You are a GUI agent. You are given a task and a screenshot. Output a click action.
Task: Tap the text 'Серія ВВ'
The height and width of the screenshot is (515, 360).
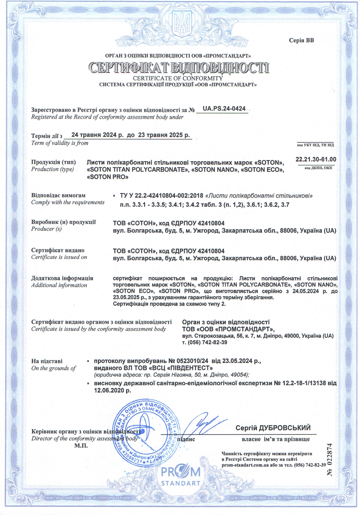click(301, 40)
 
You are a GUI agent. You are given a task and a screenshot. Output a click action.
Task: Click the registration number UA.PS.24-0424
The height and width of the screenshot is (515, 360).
click(224, 109)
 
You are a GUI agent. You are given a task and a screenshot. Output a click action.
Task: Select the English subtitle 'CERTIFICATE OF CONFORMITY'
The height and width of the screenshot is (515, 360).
click(178, 78)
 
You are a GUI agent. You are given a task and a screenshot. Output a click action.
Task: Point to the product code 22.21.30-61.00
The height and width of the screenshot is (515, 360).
click(316, 160)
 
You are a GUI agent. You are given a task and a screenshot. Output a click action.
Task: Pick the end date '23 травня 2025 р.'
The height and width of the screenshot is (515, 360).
click(164, 135)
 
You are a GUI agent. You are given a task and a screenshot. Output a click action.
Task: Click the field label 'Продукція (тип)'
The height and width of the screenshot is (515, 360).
click(54, 162)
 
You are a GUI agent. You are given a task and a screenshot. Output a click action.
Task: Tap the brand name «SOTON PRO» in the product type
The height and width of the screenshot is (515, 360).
click(108, 177)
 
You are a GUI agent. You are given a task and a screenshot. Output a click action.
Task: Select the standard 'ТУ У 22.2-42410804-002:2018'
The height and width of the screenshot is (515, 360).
click(162, 196)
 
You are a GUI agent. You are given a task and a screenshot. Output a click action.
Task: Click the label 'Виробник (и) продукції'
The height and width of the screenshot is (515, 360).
click(64, 222)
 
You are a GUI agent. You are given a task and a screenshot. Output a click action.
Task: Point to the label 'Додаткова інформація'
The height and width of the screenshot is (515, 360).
click(62, 278)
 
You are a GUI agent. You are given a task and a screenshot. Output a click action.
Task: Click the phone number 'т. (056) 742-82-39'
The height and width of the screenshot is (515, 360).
click(205, 342)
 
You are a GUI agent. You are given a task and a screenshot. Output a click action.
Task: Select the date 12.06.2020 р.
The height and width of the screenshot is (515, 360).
click(112, 391)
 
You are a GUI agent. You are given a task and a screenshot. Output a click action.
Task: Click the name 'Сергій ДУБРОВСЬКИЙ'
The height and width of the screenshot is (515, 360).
click(273, 428)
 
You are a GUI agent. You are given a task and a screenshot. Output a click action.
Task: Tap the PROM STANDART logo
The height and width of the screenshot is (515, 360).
click(180, 476)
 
